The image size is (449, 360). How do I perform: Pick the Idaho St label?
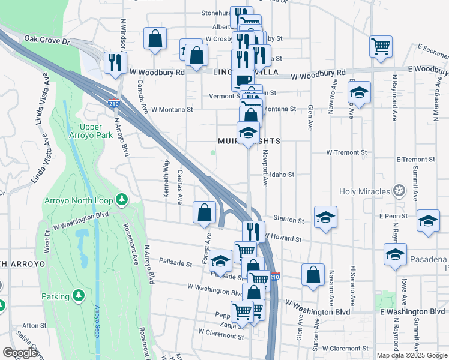[282, 175]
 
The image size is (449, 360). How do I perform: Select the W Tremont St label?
[346, 152]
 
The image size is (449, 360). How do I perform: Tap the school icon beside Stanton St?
[325, 217]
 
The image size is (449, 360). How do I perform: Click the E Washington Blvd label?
[412, 312]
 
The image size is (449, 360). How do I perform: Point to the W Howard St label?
[283, 238]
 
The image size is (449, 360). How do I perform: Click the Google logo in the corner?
[20, 353]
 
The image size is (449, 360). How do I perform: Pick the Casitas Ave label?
[180, 186]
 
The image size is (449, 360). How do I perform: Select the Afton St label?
[35, 325]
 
